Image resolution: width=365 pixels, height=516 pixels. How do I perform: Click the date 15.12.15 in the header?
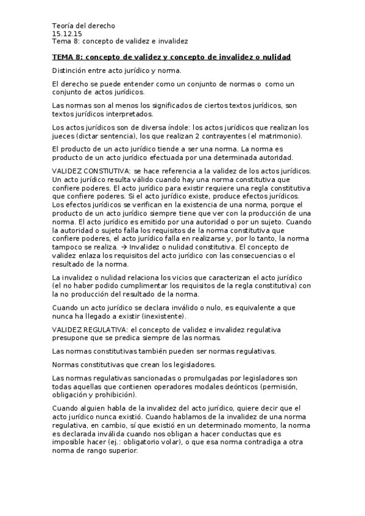click(x=63, y=33)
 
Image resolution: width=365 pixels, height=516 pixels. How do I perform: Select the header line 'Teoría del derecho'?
click(x=83, y=26)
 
